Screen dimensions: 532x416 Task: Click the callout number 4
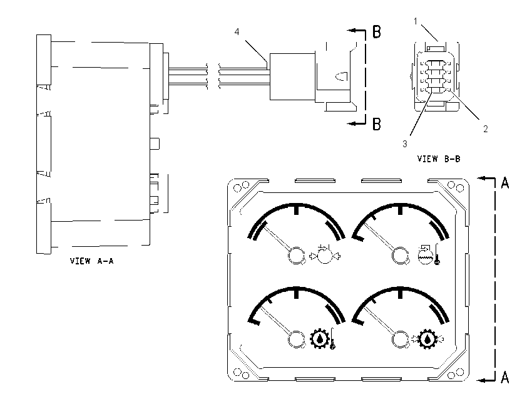[x=237, y=31]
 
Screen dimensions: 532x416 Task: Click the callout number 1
[x=416, y=21]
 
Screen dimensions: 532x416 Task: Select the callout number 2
[x=486, y=128]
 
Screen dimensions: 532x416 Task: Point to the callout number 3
[x=405, y=144]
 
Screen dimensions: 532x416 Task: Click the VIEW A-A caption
[x=91, y=261]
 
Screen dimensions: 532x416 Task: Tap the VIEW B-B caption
[x=439, y=159]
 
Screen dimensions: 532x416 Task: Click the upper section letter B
[x=377, y=31]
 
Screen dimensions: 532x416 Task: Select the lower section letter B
[x=377, y=124]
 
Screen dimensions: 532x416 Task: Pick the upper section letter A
[x=505, y=183]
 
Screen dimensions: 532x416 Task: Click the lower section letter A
[x=505, y=377]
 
